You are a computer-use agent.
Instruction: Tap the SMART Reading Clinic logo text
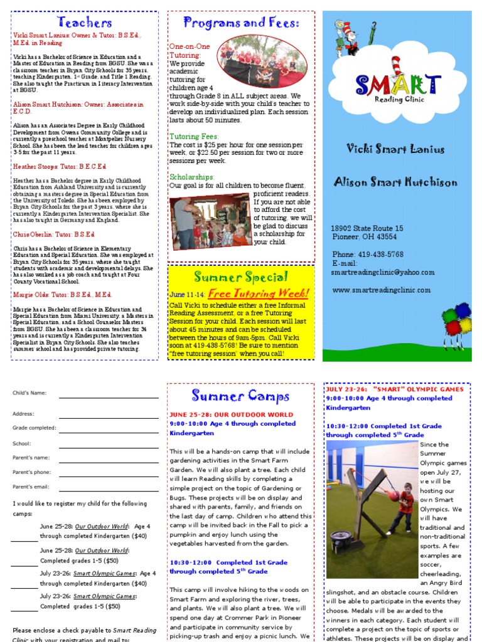click(x=398, y=84)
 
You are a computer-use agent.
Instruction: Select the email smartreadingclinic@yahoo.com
click(x=382, y=272)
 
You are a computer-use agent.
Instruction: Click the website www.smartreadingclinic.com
click(x=381, y=290)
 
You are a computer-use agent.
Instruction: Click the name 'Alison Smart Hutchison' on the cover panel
click(x=395, y=182)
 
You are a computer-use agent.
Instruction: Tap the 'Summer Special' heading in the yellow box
click(x=241, y=277)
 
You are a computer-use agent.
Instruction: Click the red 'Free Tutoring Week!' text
click(x=259, y=293)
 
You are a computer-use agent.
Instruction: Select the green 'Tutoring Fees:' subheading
click(x=194, y=136)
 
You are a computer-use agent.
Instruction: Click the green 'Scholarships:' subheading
click(x=192, y=177)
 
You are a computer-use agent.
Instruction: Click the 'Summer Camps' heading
click(x=241, y=396)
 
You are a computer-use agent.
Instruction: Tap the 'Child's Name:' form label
click(x=29, y=393)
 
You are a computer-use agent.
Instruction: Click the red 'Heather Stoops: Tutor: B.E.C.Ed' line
click(x=60, y=166)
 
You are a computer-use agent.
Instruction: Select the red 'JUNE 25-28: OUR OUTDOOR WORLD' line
click(x=231, y=414)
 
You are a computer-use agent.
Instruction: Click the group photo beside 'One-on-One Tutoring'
click(x=262, y=61)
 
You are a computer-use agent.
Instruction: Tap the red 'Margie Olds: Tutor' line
click(x=62, y=294)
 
